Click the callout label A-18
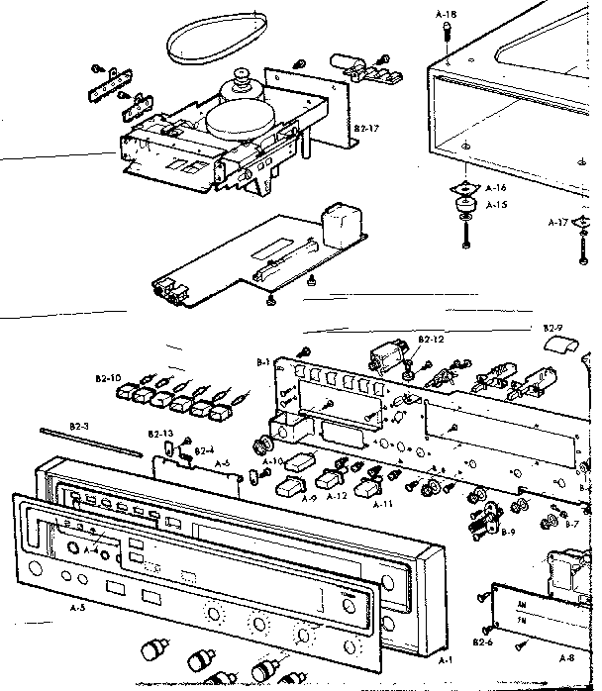446,16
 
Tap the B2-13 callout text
160,434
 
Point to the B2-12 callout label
431,340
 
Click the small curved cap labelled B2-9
559,344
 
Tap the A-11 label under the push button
385,503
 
